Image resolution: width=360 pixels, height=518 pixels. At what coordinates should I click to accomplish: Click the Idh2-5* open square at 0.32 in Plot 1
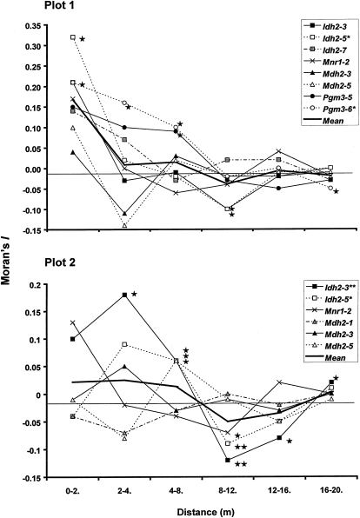[x=73, y=37]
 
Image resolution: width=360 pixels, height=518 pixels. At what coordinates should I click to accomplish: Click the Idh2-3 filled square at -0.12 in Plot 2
[x=228, y=460]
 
